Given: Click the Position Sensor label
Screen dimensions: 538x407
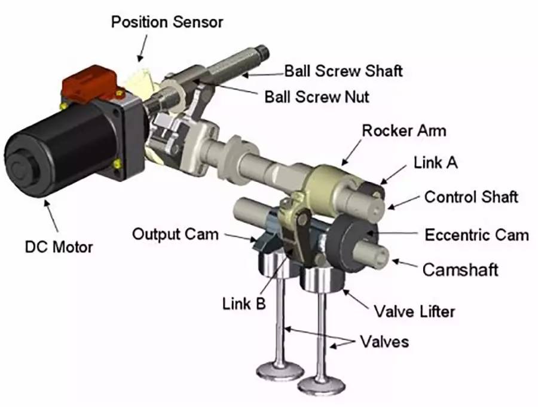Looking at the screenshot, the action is (167, 22).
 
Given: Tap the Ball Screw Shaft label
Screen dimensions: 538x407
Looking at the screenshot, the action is (344, 71).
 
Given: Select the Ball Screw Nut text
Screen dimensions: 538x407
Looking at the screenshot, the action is (317, 97).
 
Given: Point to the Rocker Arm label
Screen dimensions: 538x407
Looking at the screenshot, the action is (404, 131).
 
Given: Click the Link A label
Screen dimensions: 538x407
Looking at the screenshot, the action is (435, 162).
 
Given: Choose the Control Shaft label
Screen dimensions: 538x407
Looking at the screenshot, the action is (471, 197).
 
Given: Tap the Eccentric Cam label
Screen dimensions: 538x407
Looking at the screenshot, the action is (476, 235).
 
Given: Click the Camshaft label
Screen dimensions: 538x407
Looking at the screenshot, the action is (460, 270).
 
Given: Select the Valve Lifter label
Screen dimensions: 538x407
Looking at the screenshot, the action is (414, 311).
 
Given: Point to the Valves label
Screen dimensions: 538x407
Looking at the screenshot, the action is (384, 342).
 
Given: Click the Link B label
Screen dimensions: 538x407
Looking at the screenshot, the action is (244, 304).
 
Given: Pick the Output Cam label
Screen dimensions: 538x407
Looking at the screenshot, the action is (175, 235).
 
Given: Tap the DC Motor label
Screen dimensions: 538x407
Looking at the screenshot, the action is (59, 247).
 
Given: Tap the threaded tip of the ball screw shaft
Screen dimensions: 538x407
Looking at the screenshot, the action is (262, 52).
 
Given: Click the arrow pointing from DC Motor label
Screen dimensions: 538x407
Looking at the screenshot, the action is (51, 216).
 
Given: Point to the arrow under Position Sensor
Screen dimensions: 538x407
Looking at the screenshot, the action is (142, 48).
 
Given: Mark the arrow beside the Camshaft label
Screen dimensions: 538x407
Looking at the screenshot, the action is (405, 263).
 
